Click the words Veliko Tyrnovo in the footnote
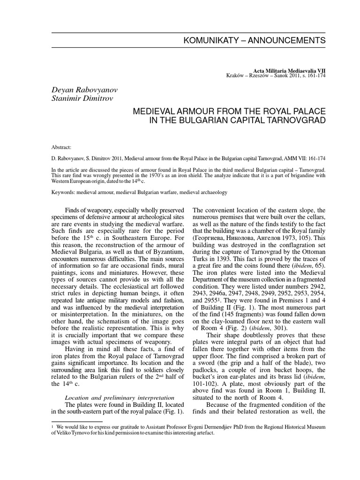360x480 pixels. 69,434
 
